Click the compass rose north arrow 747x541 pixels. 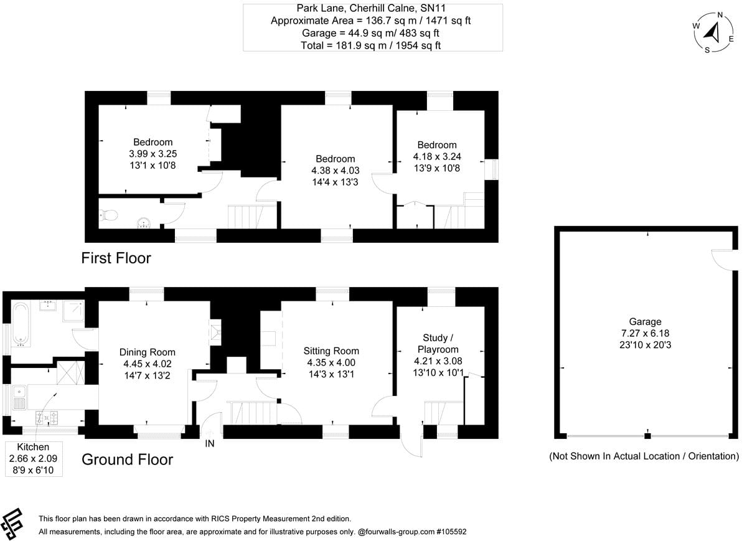pyautogui.click(x=713, y=31)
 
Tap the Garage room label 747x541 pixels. pyautogui.click(x=644, y=322)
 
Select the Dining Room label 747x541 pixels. pyautogui.click(x=148, y=352)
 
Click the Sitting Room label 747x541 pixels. pyautogui.click(x=331, y=351)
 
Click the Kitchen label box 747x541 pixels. pyautogui.click(x=33, y=459)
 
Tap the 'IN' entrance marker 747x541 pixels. pyautogui.click(x=210, y=443)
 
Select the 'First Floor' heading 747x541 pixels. pyautogui.click(x=116, y=258)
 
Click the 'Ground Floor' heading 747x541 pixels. pyautogui.click(x=127, y=459)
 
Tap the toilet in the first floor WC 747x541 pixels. pyautogui.click(x=108, y=216)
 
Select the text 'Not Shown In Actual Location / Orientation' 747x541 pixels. pyautogui.click(x=644, y=456)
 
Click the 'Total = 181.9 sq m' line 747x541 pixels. pyautogui.click(x=372, y=45)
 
